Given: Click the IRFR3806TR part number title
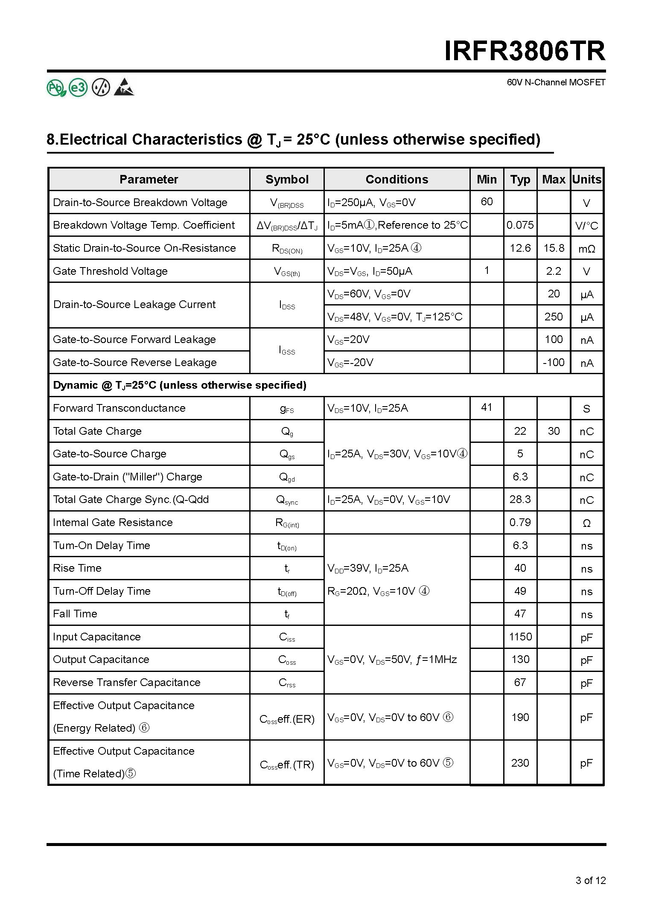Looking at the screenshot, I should point(525,51).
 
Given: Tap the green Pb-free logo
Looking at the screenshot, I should point(56,88).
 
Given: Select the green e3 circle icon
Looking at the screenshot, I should point(78,88).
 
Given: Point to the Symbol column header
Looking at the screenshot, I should point(287,179).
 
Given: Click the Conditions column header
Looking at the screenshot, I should point(396,179).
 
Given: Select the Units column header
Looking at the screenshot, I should point(587,179).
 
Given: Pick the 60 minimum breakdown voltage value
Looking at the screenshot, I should point(487,202).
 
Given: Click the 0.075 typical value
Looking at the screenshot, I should point(520,225).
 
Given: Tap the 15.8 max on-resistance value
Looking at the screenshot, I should point(554,248).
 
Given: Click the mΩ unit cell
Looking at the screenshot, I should point(587,249).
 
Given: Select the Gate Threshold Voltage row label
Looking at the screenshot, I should point(110,271).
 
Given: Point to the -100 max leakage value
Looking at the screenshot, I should point(554,362).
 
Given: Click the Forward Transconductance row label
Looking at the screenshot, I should point(119,408).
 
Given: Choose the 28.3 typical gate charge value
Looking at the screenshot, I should point(520,499).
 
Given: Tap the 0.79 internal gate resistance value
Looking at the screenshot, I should point(520,522).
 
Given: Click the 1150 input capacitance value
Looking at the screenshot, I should point(520,637).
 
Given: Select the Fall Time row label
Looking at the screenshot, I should point(75,614).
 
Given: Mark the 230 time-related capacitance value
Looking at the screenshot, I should point(520,762).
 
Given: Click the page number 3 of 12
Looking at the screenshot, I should point(590,880).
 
